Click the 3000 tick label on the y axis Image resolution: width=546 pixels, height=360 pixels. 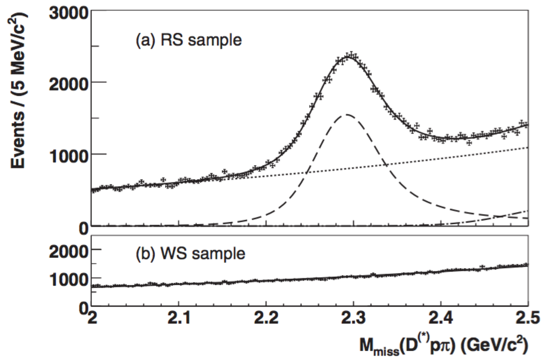point(68,13)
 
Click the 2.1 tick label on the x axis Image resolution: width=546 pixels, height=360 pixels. point(179,318)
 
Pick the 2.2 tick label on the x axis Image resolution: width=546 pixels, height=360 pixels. point(266,318)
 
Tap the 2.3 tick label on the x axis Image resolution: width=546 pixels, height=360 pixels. point(353,318)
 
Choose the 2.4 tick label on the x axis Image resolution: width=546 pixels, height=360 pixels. point(441,318)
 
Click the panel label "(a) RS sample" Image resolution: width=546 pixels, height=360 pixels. point(189,40)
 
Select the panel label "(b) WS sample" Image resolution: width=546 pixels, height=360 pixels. point(190,254)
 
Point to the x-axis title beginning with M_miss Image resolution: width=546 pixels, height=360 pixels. point(444,345)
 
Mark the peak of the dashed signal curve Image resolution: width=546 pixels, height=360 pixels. point(346,114)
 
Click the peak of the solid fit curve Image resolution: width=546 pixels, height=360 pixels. point(350,57)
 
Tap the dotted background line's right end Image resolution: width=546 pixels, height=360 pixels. point(528,147)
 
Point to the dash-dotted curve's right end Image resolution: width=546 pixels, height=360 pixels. point(528,210)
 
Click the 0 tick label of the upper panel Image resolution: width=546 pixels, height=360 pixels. point(83,229)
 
